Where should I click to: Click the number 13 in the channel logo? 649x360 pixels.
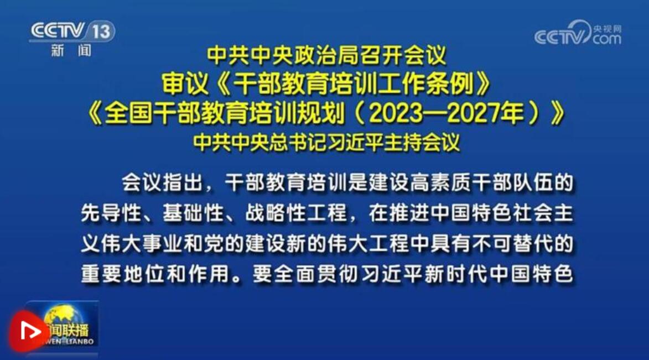(101, 32)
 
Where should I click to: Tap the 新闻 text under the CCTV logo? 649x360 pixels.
(71, 51)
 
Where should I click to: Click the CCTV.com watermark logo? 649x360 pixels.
(578, 33)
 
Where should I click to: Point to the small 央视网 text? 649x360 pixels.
(607, 29)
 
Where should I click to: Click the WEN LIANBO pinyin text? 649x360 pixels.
(69, 341)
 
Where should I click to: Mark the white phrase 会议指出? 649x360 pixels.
(162, 182)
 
